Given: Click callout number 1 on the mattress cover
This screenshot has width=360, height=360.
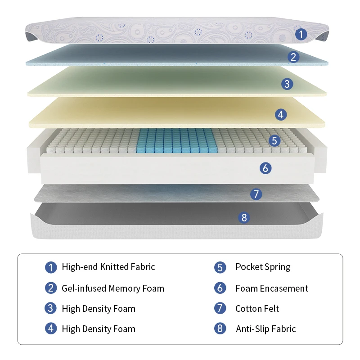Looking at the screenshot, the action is (301, 34).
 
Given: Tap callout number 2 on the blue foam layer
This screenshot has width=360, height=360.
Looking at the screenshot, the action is (293, 57).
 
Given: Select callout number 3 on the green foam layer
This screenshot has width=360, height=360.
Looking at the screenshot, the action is (287, 84).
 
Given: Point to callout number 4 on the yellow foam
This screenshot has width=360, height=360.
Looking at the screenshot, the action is (281, 115).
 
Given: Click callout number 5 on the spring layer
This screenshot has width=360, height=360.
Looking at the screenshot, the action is (274, 140).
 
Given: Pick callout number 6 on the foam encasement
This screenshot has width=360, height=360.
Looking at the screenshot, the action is (265, 168).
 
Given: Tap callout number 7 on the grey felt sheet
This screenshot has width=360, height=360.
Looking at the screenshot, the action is (256, 194).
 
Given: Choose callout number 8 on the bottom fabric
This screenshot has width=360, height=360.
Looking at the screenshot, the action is (244, 218).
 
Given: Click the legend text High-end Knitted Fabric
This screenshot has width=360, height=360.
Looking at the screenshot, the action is (108, 267).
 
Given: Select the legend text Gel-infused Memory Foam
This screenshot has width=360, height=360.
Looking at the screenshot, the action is (112, 288).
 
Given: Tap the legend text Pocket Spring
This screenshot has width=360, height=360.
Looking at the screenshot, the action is (263, 267).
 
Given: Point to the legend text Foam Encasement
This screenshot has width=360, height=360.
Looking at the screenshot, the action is (272, 288).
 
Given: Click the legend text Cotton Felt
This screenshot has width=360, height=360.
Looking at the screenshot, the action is (257, 308).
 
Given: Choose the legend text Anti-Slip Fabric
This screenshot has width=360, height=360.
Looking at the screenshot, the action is (265, 329).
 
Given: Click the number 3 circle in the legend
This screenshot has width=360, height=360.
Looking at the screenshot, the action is (51, 308).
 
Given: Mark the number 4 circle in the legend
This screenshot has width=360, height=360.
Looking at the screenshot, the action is (51, 328).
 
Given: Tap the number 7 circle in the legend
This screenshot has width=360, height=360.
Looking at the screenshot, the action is (220, 308).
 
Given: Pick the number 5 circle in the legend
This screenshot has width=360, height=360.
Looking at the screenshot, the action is (220, 267).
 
